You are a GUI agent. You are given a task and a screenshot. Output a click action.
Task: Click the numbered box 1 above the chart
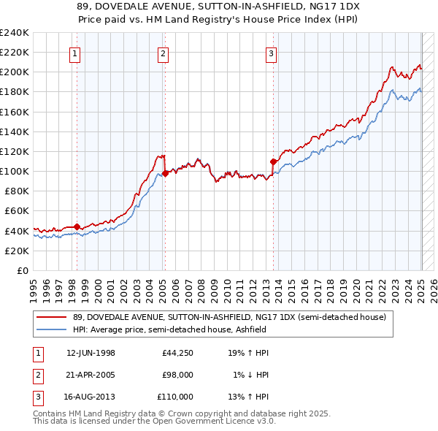click(76, 53)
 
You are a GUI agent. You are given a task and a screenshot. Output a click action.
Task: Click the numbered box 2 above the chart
click(163, 53)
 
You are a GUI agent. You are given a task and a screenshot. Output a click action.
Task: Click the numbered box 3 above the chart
click(271, 53)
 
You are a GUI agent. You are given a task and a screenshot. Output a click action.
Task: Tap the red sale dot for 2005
click(165, 173)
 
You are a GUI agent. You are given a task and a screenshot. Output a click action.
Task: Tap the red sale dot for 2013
click(272, 161)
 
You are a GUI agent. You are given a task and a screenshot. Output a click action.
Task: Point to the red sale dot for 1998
click(77, 226)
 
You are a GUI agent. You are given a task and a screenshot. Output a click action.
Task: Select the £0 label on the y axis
click(22, 270)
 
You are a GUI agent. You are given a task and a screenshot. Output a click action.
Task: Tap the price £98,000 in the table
click(177, 375)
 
